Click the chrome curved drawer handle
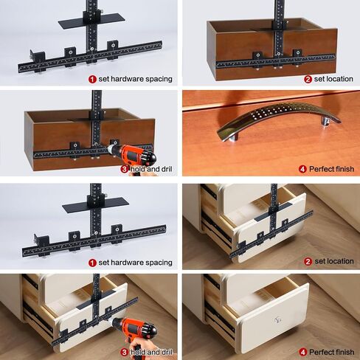click(278, 116)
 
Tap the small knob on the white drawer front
click(277, 319)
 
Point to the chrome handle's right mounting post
click(325, 121)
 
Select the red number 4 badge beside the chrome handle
click(302, 169)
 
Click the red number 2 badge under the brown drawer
click(308, 79)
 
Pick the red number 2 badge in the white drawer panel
click(308, 261)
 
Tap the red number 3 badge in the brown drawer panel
click(125, 169)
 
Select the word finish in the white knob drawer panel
click(344, 352)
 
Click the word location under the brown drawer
click(339, 79)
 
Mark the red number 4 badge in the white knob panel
click(302, 352)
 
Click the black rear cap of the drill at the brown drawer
click(152, 157)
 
